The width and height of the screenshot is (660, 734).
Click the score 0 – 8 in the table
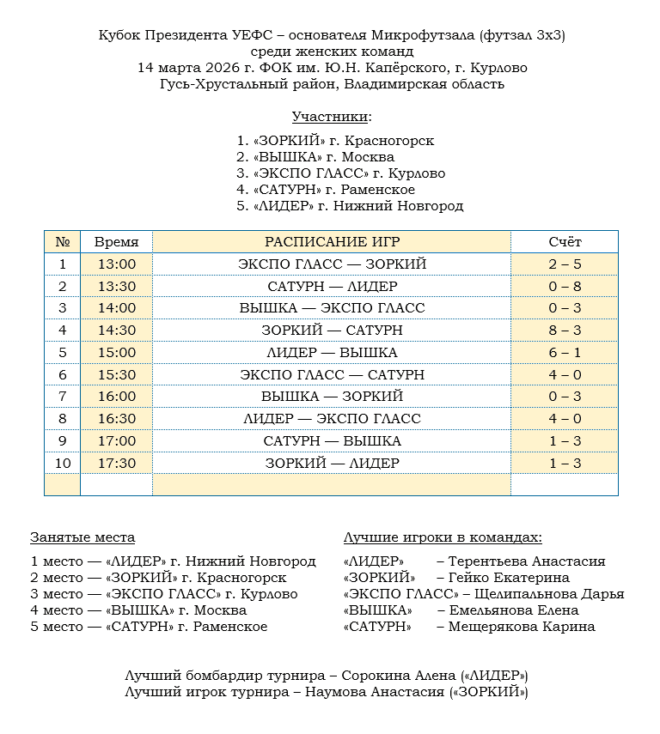[565, 286]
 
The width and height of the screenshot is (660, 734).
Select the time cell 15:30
[116, 374]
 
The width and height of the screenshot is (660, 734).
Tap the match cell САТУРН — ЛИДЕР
[332, 286]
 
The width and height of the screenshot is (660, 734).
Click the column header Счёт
[565, 242]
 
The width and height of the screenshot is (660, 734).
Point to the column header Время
[116, 242]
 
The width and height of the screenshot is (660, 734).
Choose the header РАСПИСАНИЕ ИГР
[332, 242]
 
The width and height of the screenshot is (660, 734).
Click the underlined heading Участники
[331, 117]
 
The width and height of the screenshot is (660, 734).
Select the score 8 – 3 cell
[565, 331]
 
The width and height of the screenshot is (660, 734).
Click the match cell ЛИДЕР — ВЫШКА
[332, 352]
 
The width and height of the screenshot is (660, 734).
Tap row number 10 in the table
[62, 463]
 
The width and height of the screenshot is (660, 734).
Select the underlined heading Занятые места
[82, 537]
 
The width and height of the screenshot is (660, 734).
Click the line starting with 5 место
[149, 627]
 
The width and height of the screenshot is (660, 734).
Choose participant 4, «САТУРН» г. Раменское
[326, 190]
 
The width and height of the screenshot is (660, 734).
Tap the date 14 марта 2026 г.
[192, 68]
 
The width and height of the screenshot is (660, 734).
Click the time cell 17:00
[116, 440]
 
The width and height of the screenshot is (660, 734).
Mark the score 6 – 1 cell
[565, 352]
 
